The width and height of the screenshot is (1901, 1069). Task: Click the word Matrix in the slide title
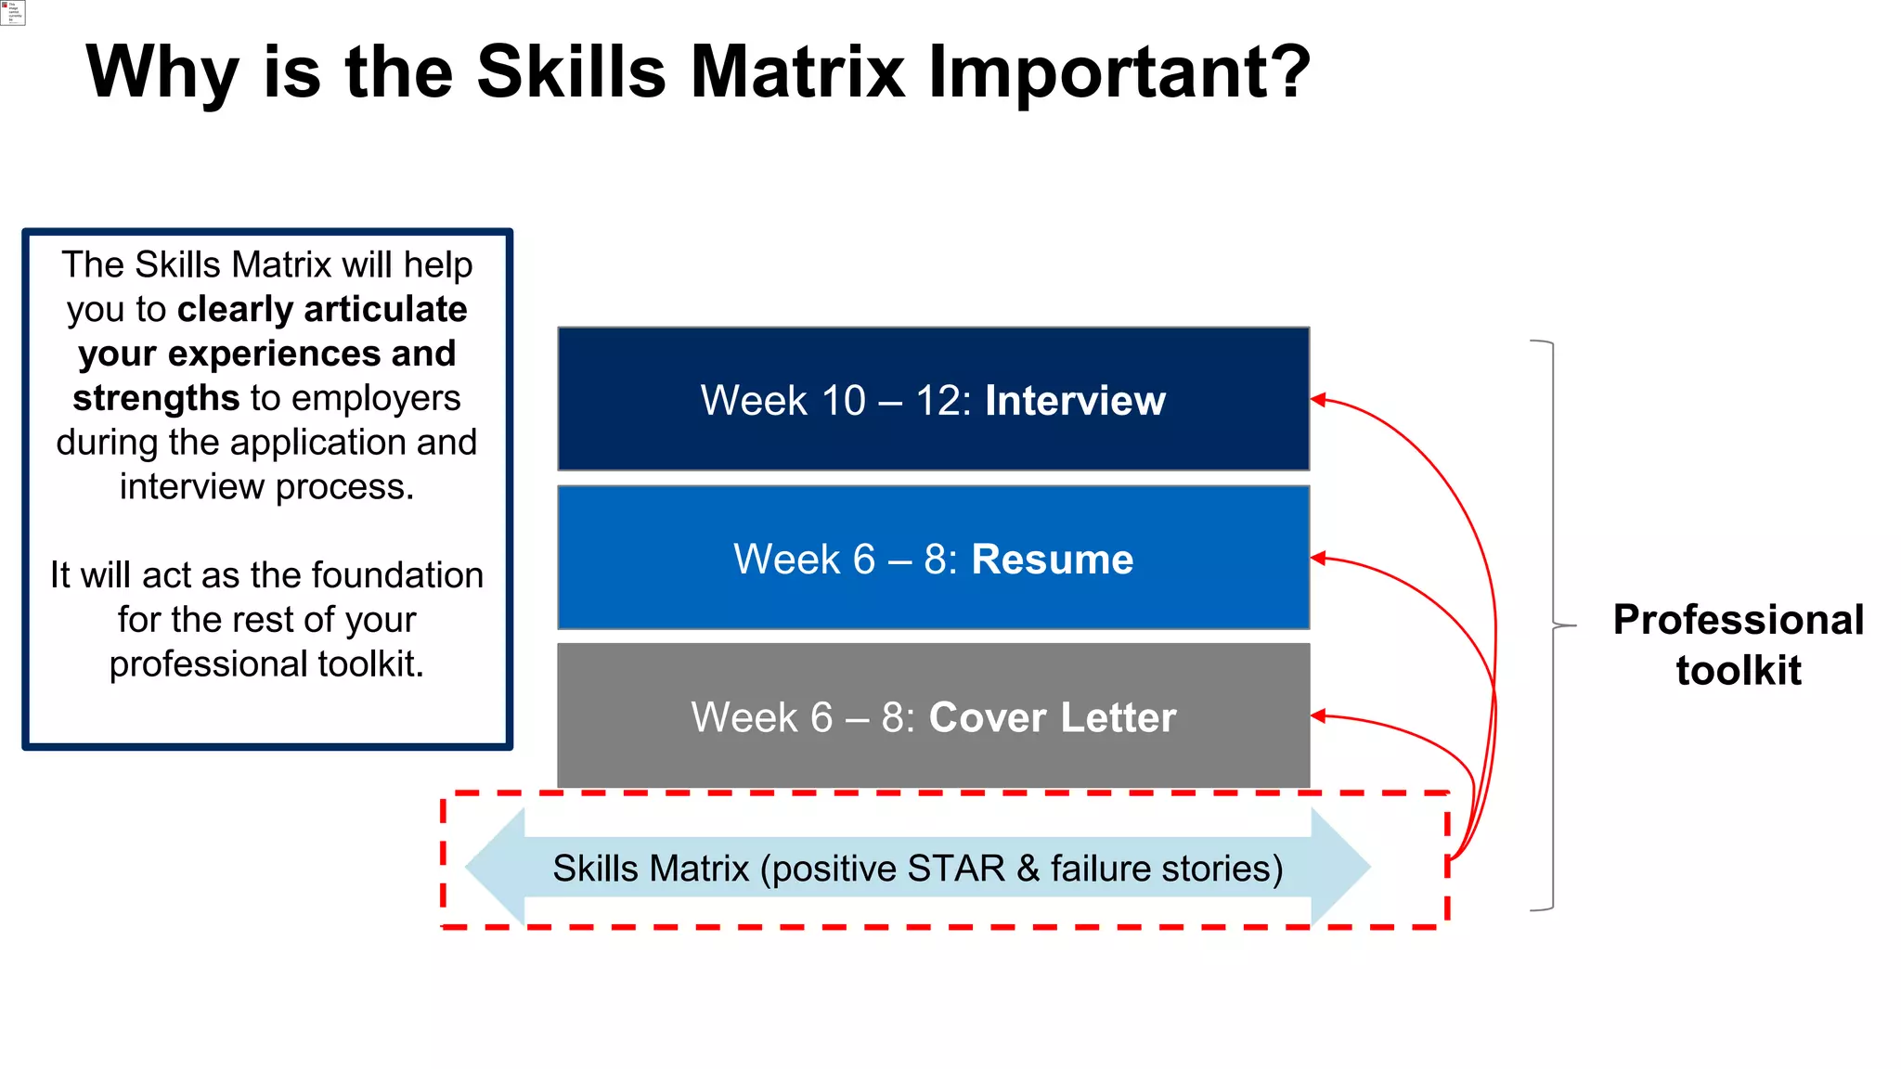(x=797, y=71)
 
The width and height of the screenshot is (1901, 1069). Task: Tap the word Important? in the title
(x=1119, y=71)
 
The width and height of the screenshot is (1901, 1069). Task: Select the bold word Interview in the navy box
(x=1075, y=401)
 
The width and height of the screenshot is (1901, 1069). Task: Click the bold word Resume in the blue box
(x=1052, y=560)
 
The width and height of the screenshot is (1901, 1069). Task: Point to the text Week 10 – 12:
(x=835, y=401)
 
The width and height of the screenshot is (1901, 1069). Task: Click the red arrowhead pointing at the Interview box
(x=1318, y=400)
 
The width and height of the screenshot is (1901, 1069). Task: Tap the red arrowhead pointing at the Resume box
(x=1318, y=558)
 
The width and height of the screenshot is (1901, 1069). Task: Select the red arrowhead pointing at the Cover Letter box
(x=1318, y=715)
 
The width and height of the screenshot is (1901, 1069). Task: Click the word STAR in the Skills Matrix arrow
(x=956, y=869)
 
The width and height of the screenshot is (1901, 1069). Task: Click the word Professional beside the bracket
(x=1738, y=620)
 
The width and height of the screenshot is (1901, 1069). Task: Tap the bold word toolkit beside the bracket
(x=1738, y=670)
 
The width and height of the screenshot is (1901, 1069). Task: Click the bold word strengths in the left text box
(x=156, y=398)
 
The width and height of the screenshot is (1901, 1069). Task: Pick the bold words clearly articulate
(x=322, y=310)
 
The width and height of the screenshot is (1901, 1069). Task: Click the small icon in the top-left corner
(x=12, y=12)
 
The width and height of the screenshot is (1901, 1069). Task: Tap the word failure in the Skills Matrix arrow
(x=1101, y=869)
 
